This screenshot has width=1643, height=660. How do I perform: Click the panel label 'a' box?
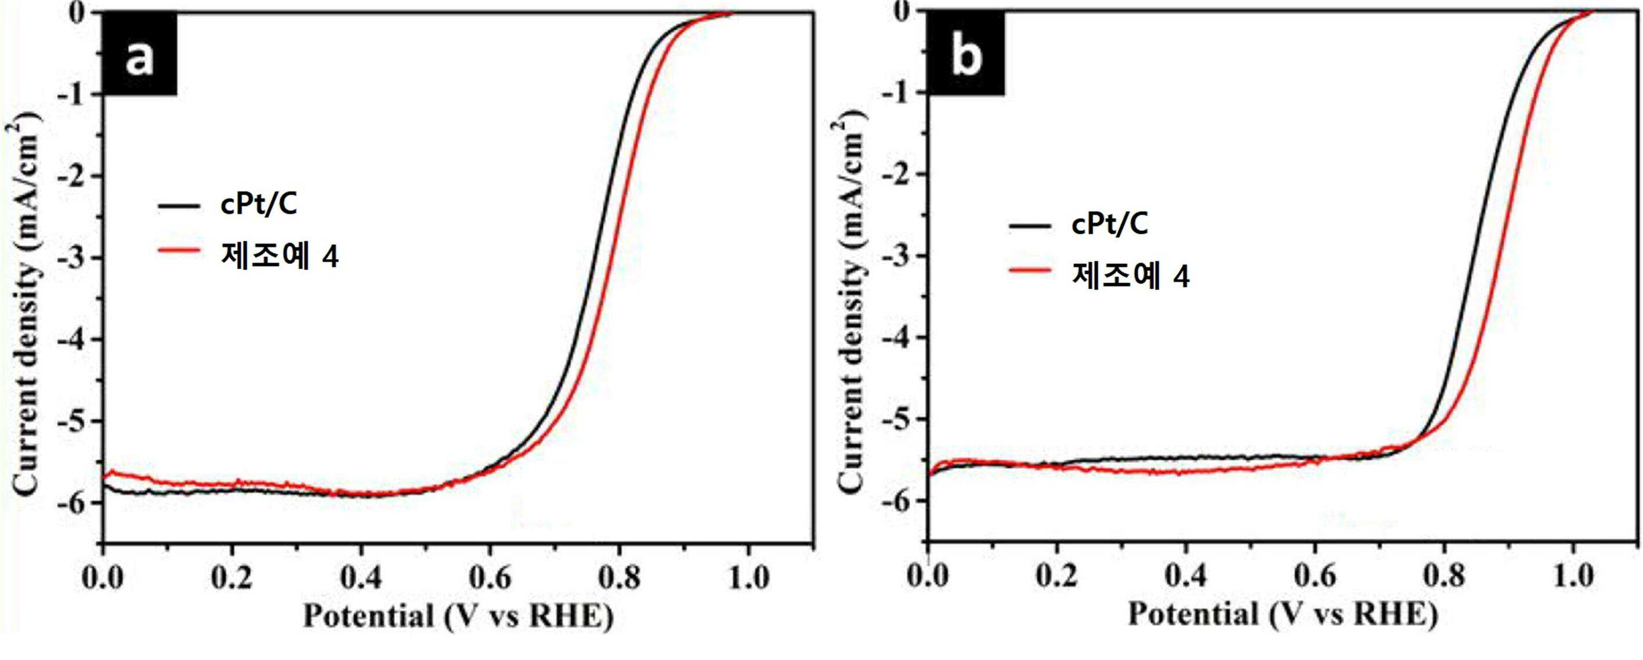[140, 54]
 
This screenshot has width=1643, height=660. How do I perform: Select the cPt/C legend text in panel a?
[259, 205]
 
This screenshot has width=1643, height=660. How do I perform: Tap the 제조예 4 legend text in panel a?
[280, 256]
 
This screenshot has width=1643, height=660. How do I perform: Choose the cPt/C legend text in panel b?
[1110, 224]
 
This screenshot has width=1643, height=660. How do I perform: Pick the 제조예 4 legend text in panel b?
[1131, 276]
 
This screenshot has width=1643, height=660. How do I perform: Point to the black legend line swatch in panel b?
[1030, 225]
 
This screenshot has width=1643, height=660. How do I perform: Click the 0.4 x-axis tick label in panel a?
[361, 578]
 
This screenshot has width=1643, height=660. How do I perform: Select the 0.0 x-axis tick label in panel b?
[929, 576]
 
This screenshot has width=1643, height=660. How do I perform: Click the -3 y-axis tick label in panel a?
[73, 258]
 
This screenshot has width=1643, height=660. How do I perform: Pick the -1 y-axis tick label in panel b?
[899, 93]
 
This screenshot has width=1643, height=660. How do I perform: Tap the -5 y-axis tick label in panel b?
[899, 419]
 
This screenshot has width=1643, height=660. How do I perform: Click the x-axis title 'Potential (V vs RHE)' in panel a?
[458, 617]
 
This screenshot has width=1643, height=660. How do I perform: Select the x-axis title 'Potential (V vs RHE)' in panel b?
[1283, 615]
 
